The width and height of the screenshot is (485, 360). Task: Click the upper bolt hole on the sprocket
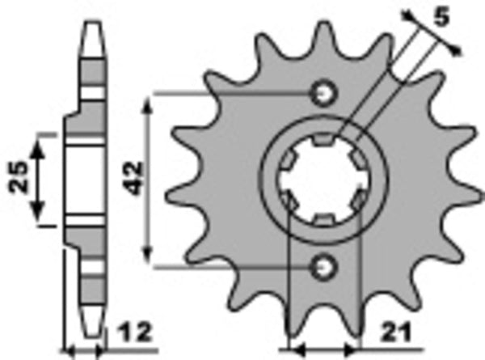click(x=325, y=93)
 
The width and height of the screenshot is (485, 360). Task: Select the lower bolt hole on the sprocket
click(x=325, y=264)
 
